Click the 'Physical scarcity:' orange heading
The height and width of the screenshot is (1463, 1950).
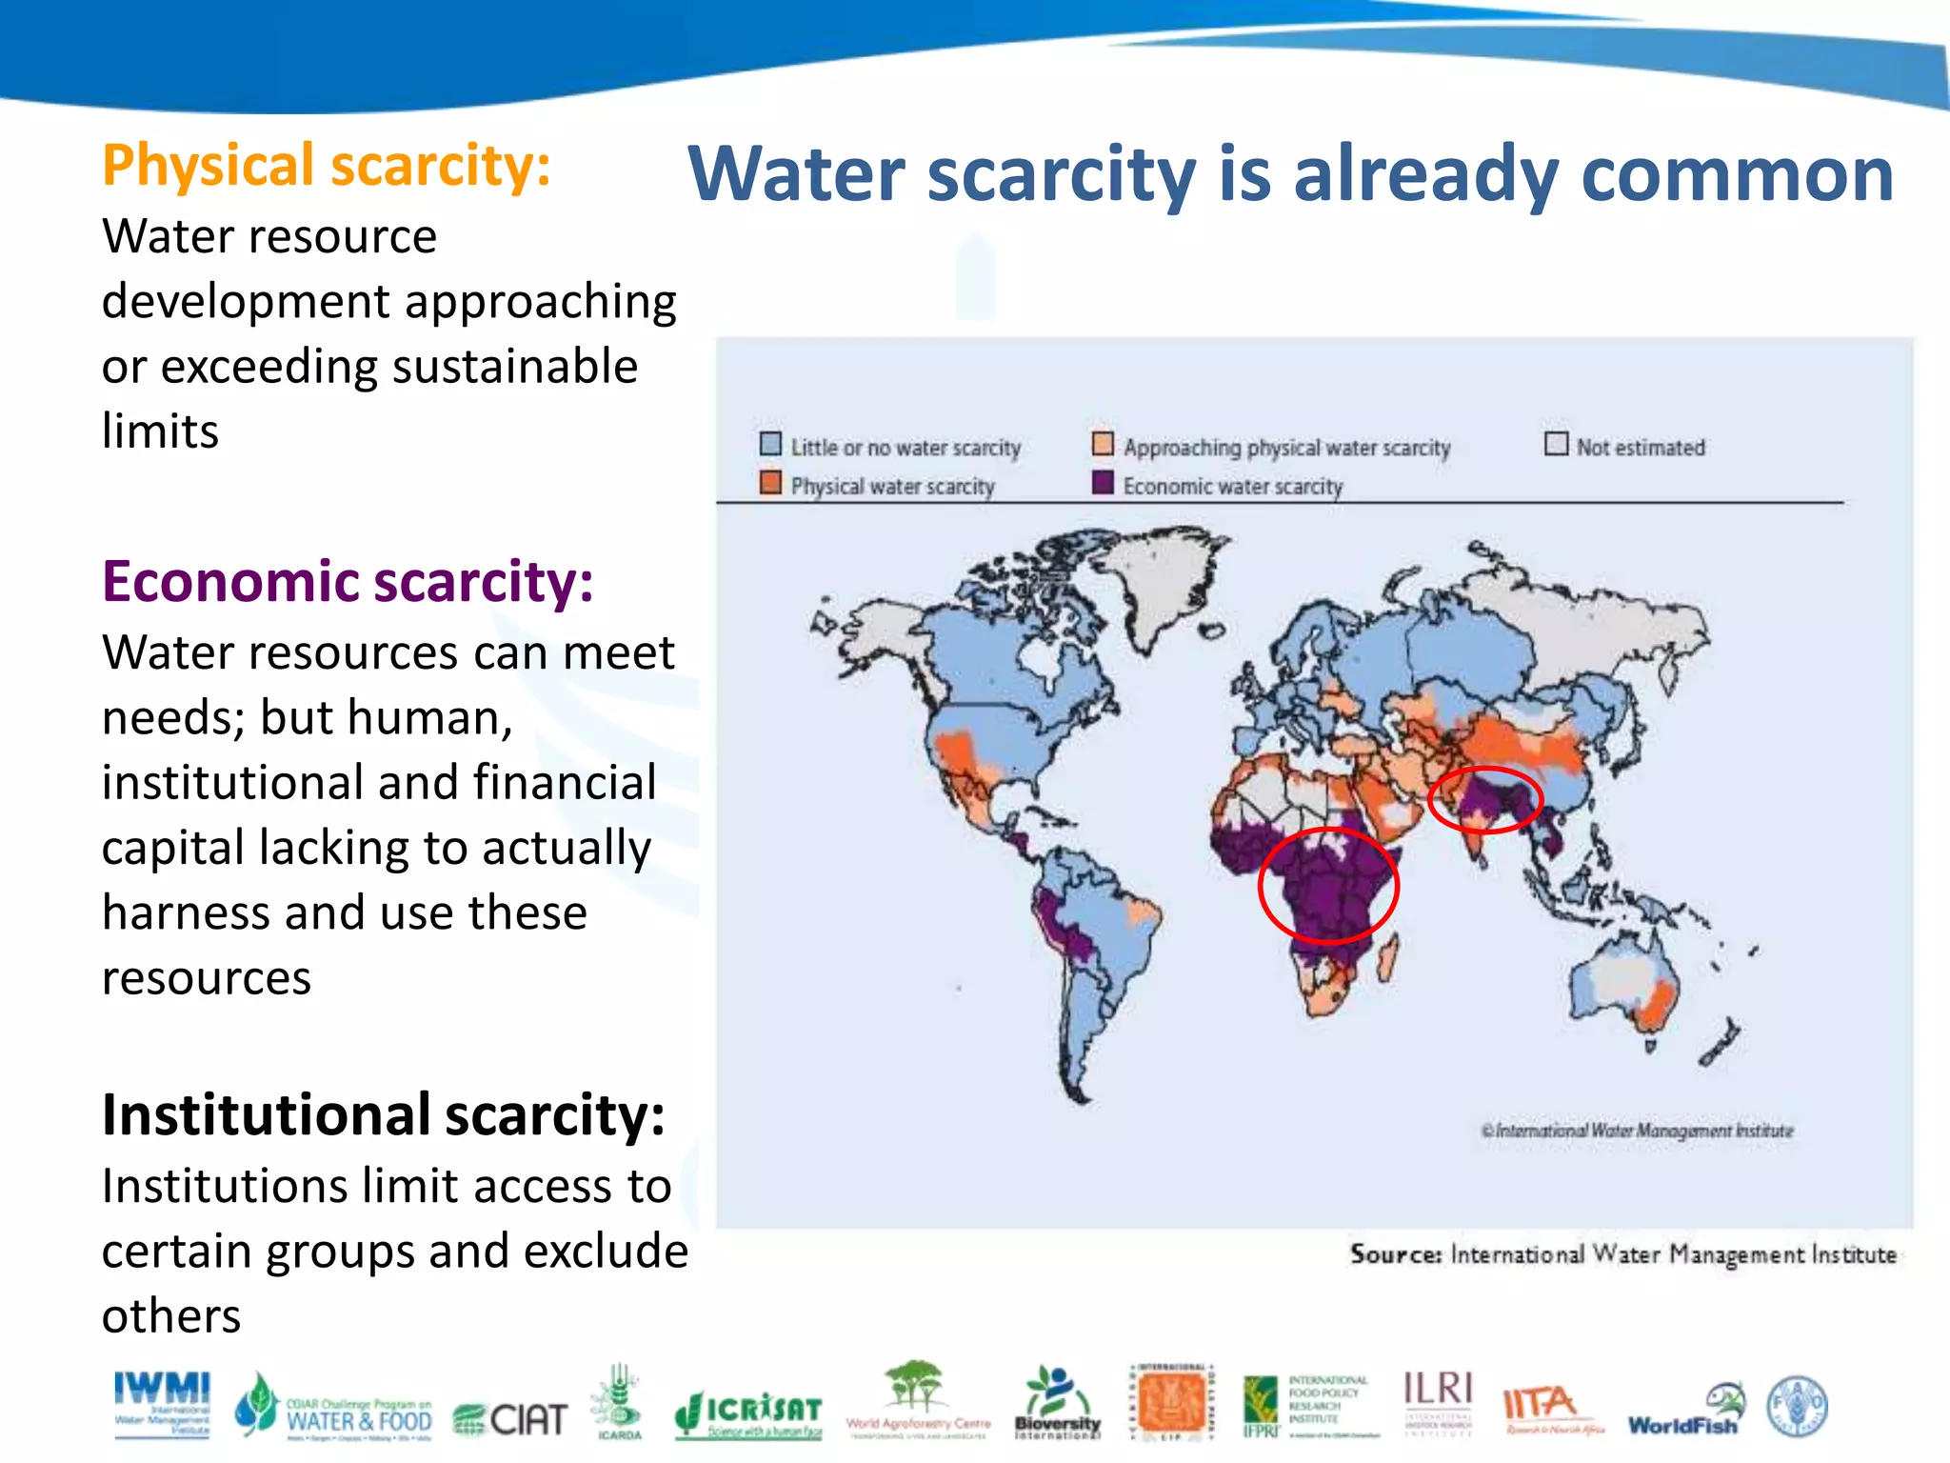326,166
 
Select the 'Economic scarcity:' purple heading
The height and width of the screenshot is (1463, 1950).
348,582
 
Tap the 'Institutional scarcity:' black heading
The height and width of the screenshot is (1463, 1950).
383,1114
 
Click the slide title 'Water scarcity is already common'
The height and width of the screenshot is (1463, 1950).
1290,174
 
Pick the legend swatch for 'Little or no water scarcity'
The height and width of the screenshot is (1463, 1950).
770,444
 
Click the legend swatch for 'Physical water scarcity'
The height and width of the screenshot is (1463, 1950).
770,483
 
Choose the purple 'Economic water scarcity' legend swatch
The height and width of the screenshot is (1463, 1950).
1103,483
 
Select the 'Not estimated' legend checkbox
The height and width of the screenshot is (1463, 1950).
1556,444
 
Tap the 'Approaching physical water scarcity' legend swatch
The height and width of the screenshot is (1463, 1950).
1103,444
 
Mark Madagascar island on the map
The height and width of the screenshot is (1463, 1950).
1388,957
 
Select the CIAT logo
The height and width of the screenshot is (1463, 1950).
510,1419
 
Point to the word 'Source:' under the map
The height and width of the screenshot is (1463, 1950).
1395,1254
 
